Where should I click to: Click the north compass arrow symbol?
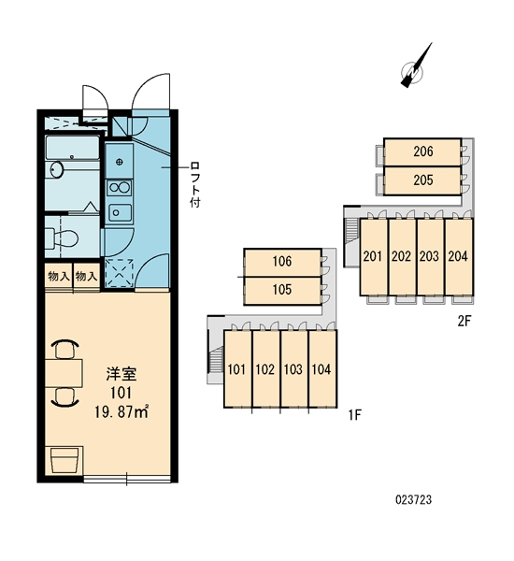(x=416, y=65)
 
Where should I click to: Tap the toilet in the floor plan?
(x=62, y=237)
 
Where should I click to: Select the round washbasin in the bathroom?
(x=56, y=169)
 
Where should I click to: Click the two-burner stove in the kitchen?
(x=120, y=188)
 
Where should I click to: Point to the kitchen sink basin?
(x=120, y=213)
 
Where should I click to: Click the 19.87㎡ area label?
(x=121, y=411)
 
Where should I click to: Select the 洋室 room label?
(x=121, y=374)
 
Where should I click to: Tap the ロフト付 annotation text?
(x=195, y=184)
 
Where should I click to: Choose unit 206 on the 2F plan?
(x=422, y=152)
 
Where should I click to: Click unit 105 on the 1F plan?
(x=282, y=291)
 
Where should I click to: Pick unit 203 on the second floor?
(x=429, y=256)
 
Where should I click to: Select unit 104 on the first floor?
(x=321, y=369)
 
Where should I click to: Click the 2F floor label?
(x=464, y=322)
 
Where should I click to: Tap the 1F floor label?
(x=355, y=415)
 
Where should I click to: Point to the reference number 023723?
(x=413, y=499)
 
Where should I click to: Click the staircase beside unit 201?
(x=351, y=229)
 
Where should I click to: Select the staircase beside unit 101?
(x=215, y=361)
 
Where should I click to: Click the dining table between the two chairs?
(x=64, y=373)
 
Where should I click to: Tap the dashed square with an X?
(x=120, y=273)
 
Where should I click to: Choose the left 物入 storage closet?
(x=59, y=277)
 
